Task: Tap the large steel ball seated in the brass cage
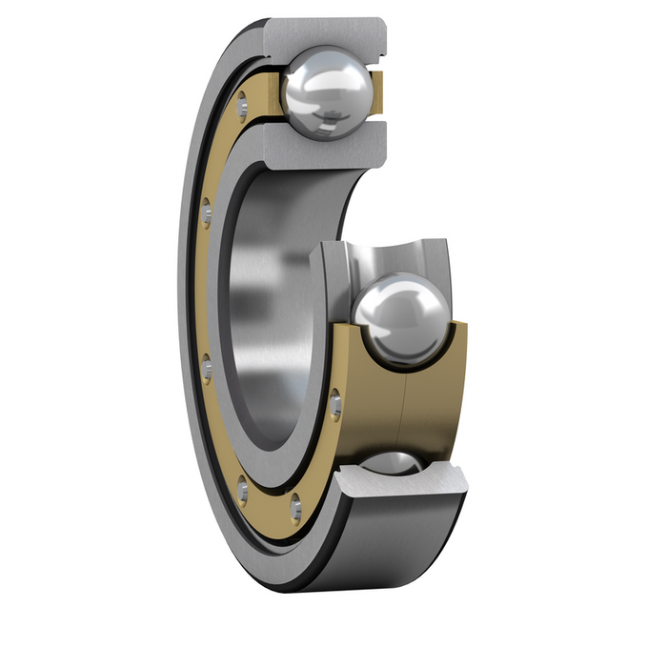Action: point(399,319)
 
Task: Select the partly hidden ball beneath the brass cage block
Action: point(396,463)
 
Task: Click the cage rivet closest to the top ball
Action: point(242,99)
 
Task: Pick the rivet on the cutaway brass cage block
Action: point(335,406)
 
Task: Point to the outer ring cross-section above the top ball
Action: point(324,32)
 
